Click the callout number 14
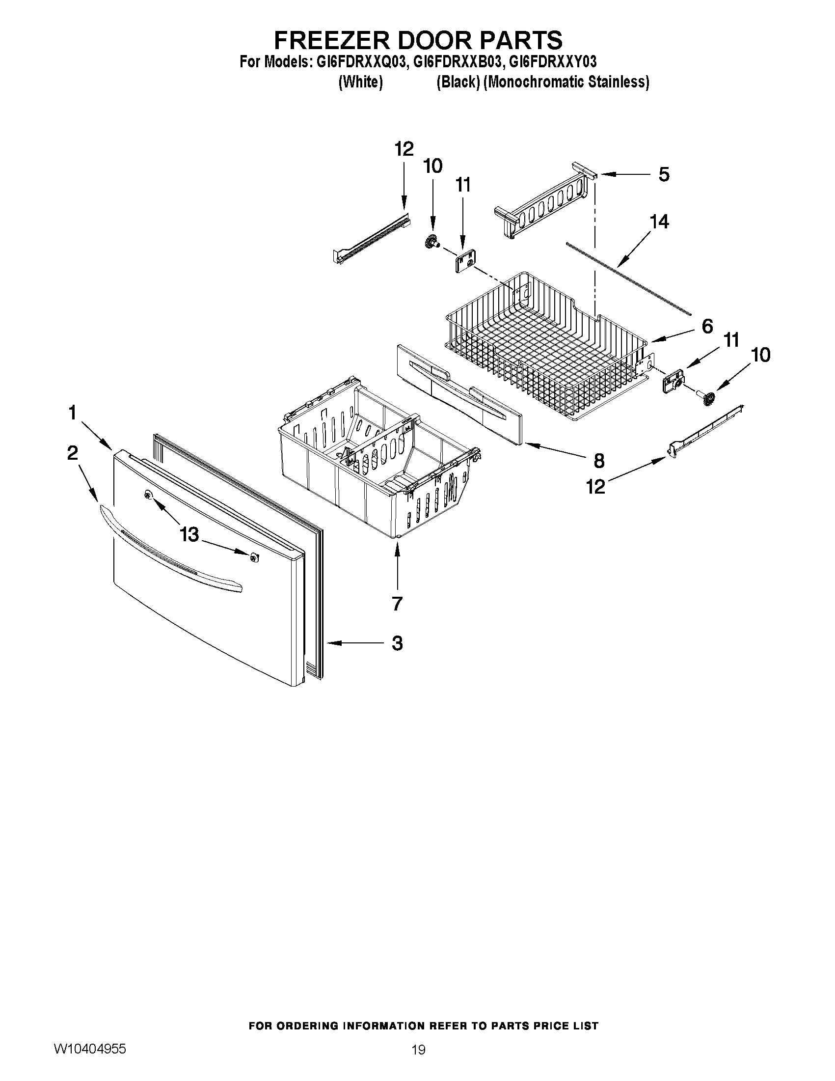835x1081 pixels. [x=659, y=222]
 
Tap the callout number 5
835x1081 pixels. [x=664, y=175]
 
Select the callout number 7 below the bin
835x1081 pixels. [x=397, y=603]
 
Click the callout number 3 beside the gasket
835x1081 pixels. [x=397, y=643]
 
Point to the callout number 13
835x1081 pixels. [x=189, y=534]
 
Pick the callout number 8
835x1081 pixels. [x=598, y=461]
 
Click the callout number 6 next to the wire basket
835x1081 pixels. [x=707, y=326]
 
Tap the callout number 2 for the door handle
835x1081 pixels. [x=73, y=453]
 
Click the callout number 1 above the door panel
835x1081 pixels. [x=73, y=412]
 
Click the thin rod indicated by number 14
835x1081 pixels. [x=628, y=278]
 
